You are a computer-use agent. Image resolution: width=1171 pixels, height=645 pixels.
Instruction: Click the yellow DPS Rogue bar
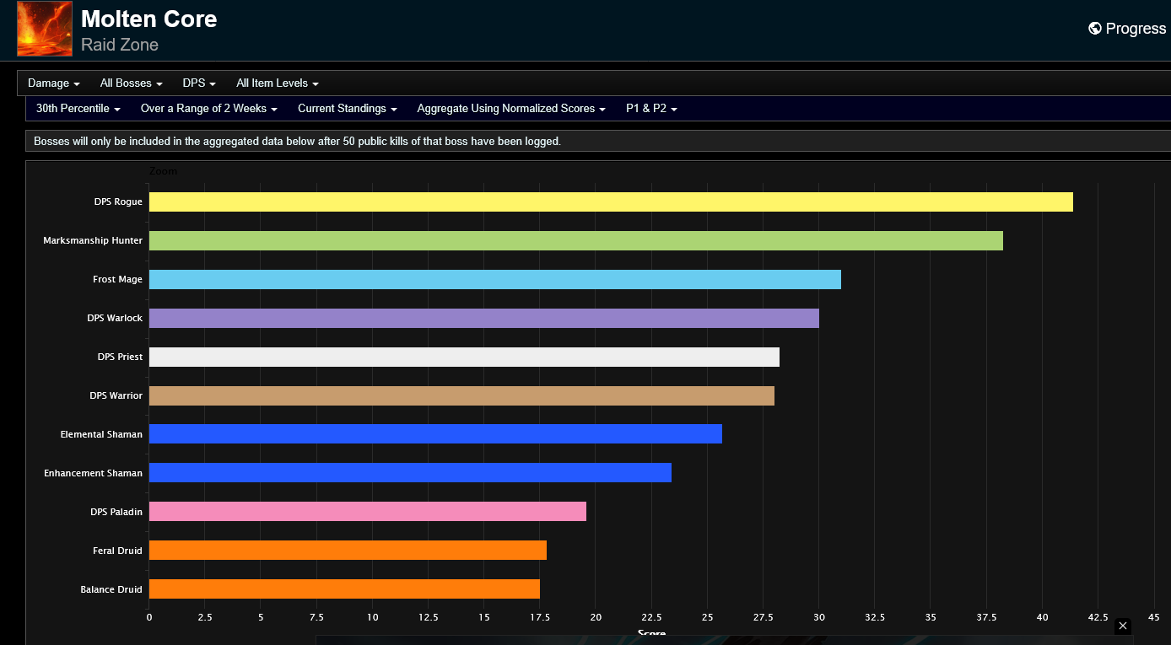point(611,202)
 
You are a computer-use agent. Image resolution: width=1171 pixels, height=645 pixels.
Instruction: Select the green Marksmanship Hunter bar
point(575,240)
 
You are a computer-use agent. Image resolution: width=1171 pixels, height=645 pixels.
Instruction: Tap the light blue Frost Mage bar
point(494,279)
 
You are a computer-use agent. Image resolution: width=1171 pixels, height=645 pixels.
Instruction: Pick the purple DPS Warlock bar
point(483,318)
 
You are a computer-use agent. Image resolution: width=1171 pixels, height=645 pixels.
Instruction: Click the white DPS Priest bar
point(464,357)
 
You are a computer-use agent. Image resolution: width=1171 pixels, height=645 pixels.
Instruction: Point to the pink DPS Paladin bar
point(368,511)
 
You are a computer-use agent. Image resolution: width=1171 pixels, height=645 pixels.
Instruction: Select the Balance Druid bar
point(344,589)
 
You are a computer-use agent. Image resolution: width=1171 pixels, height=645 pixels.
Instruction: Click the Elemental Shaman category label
point(101,434)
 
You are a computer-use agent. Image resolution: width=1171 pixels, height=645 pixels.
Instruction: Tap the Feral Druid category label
point(117,551)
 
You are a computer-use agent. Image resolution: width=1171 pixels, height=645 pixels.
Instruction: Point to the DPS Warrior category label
point(116,395)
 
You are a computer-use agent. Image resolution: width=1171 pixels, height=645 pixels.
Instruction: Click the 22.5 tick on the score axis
point(651,617)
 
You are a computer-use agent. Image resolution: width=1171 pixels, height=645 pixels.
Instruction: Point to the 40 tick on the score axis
point(1042,617)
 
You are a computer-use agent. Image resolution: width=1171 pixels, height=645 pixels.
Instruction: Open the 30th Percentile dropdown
point(78,108)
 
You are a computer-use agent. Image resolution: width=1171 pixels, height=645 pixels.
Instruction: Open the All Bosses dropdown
point(132,83)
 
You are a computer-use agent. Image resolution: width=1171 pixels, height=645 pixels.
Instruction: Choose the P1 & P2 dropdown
point(651,108)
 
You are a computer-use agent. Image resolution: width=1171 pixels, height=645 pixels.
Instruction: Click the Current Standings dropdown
point(347,108)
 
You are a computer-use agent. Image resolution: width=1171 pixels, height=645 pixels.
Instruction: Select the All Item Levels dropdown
point(277,83)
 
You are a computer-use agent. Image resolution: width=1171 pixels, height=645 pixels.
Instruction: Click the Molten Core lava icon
point(45,28)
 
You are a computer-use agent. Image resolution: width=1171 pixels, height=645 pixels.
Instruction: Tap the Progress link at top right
point(1127,28)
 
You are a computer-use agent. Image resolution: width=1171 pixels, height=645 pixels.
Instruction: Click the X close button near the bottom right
point(1122,626)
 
